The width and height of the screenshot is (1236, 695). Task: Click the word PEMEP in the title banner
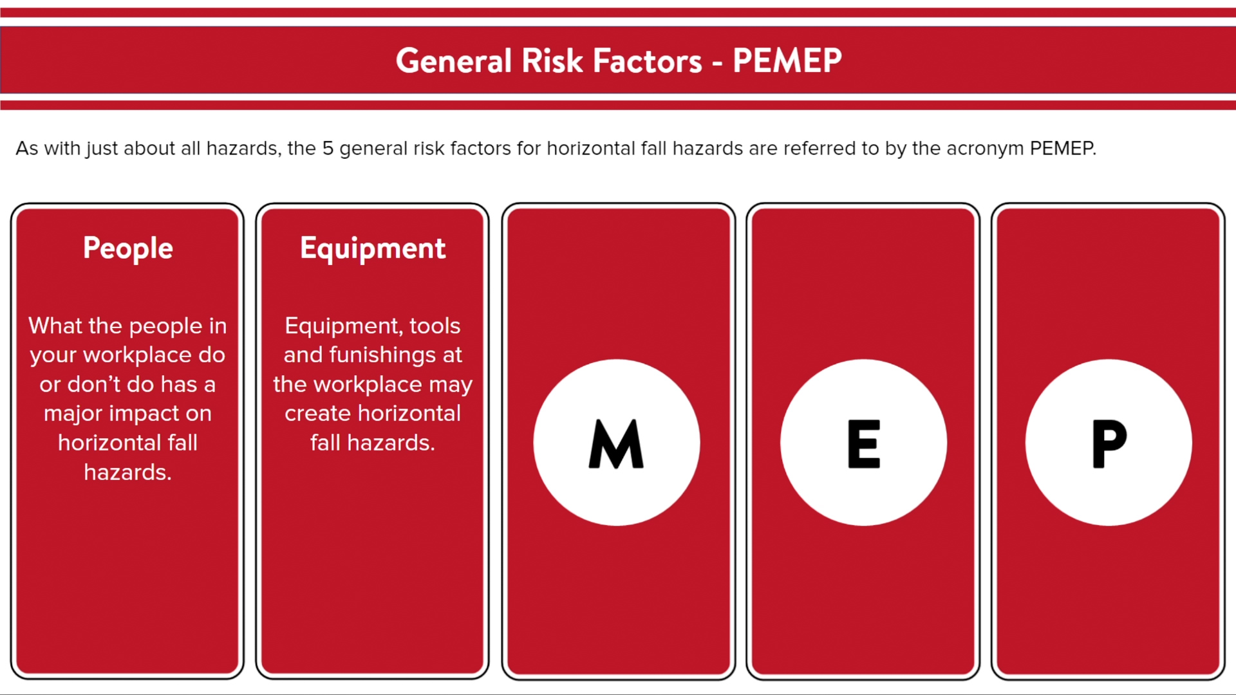(787, 60)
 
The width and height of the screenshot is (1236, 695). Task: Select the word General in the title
(454, 60)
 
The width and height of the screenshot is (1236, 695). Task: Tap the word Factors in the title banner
(647, 60)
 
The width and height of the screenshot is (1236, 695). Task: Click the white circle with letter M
(617, 443)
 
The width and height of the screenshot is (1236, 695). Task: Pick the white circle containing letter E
(863, 443)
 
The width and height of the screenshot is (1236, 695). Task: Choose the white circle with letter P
(1109, 443)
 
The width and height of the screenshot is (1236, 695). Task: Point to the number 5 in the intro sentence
(328, 148)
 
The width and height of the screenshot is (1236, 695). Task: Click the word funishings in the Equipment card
(382, 355)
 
